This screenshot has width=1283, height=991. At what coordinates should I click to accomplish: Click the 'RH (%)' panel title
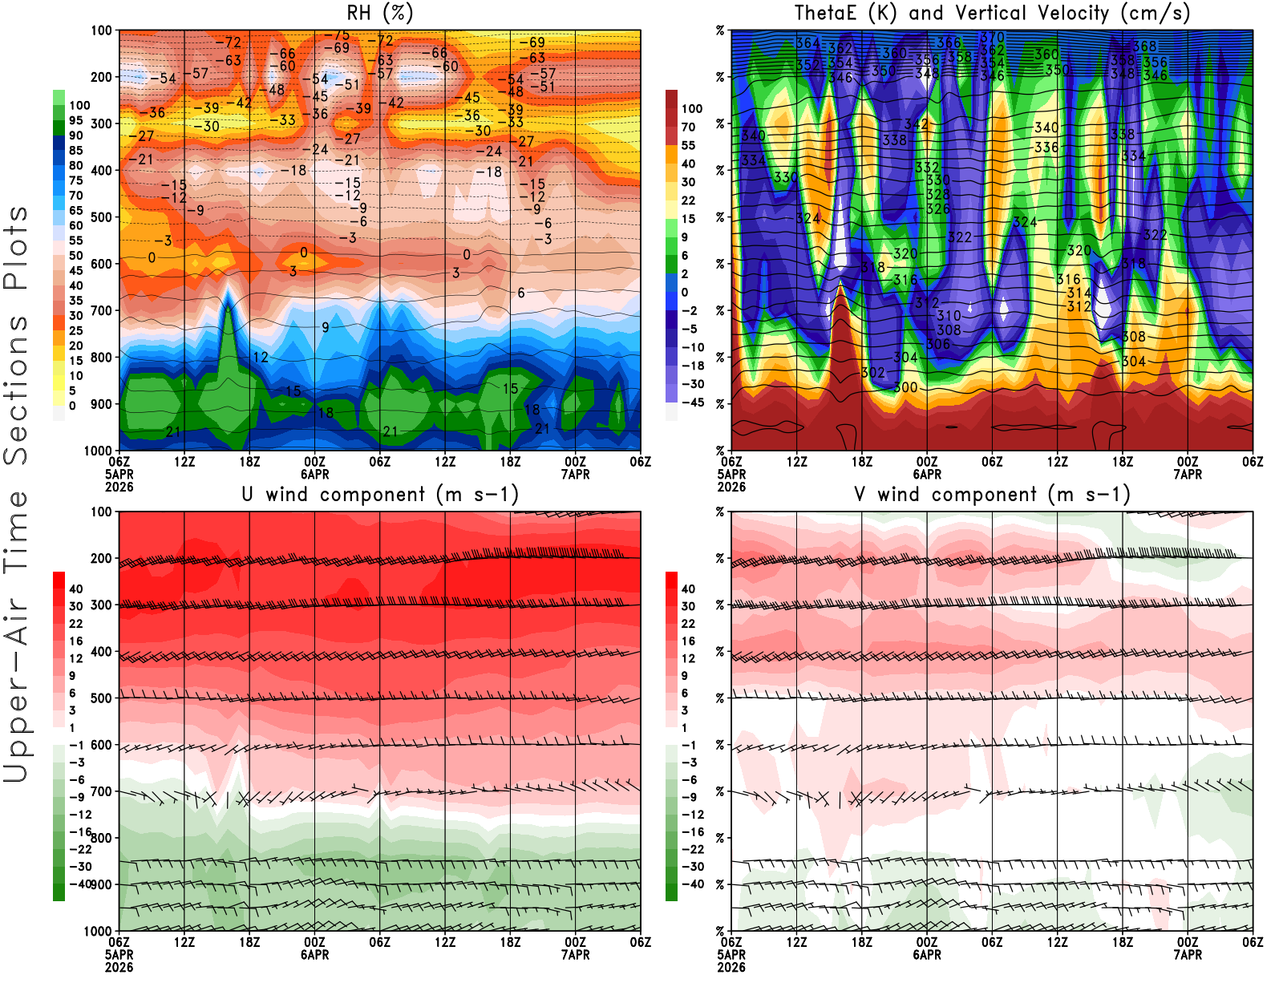pos(380,13)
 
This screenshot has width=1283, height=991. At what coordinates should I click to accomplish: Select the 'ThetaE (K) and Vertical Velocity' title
pos(992,13)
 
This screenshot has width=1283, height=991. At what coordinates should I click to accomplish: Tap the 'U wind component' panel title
pos(380,494)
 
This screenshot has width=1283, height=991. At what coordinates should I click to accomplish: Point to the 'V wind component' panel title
pos(992,494)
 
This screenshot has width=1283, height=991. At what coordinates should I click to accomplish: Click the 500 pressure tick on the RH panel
pos(102,216)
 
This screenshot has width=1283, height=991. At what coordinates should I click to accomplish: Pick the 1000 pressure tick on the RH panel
pos(99,451)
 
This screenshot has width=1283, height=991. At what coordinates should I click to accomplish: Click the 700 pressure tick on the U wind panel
pos(102,791)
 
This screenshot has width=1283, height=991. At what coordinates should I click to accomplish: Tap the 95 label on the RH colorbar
pos(75,120)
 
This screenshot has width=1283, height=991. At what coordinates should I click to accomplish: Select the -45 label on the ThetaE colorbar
pos(692,402)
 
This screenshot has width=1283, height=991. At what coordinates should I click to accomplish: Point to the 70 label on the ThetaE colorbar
pos(688,127)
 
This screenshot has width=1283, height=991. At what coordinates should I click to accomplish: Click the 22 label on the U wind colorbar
pos(75,624)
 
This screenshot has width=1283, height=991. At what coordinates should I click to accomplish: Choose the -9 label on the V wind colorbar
pos(688,797)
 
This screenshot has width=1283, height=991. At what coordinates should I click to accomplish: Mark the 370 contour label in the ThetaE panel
pos(993,37)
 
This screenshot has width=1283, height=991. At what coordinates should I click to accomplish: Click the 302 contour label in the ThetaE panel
pos(872,373)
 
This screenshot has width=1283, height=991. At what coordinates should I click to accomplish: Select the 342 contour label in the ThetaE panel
pos(916,124)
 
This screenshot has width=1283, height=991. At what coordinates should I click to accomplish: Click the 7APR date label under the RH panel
pos(575,475)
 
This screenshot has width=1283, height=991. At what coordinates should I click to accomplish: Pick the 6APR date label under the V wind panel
pos(927,955)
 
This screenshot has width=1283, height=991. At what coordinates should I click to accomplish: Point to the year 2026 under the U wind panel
pos(119,967)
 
